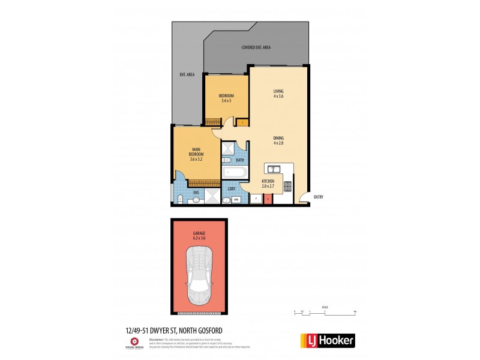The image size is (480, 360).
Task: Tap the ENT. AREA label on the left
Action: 187,74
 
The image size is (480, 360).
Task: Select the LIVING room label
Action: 278,94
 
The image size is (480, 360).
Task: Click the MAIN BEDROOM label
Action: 196,154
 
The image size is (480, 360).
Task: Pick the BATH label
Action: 239,160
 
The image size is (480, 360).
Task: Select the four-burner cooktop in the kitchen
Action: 287,187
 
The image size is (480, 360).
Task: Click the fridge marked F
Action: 254,198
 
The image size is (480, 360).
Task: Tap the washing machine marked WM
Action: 236,199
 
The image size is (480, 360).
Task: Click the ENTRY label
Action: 318,197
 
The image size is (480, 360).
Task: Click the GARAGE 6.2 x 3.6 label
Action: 199,236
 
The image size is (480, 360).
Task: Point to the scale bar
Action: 325,312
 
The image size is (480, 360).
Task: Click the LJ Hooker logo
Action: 327,340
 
